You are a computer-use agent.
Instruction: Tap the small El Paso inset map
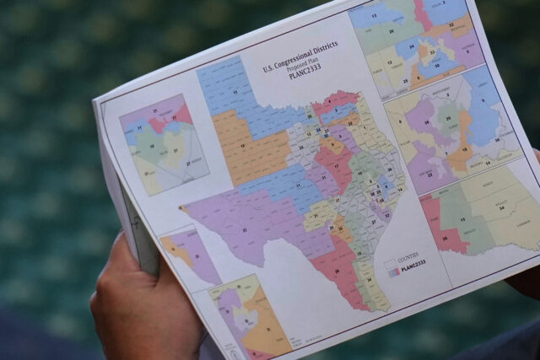point(187,253)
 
